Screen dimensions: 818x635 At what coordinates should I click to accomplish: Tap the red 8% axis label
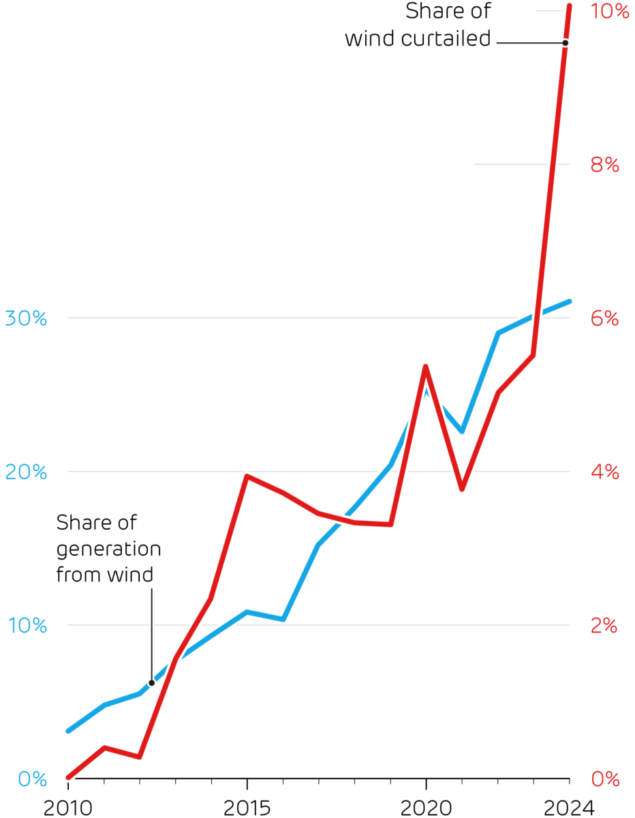604,165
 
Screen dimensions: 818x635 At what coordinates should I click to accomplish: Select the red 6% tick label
604,318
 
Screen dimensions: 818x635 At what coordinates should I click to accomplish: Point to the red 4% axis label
604,472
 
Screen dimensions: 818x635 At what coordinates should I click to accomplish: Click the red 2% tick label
604,625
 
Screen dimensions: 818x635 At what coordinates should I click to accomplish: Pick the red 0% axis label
604,778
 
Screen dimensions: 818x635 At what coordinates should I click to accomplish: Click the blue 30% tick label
25,318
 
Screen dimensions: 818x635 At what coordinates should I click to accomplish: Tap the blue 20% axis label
25,472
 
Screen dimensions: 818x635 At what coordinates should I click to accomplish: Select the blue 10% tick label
25,625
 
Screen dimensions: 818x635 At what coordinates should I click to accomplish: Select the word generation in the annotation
108,549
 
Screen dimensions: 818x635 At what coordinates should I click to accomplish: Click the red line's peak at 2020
425,367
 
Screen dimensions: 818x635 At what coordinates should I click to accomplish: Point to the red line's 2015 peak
246,476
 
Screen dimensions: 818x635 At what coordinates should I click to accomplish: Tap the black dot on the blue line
151,682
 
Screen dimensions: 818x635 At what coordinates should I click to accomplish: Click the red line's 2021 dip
462,489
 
